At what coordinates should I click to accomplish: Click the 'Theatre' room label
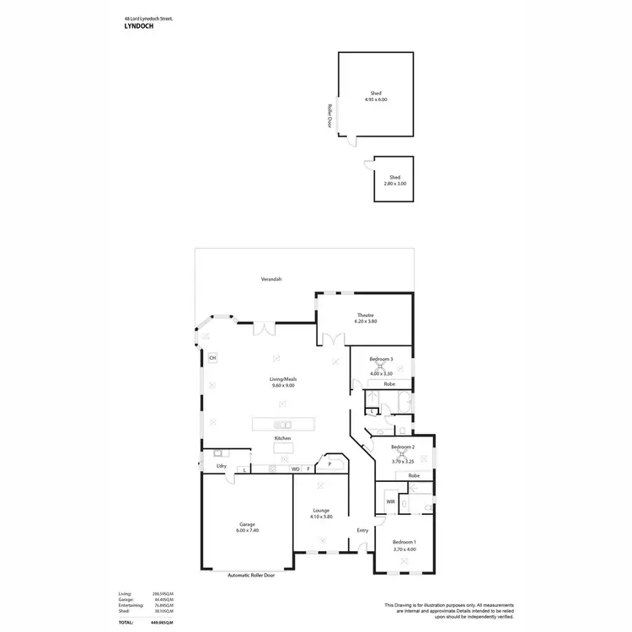pyautogui.click(x=364, y=315)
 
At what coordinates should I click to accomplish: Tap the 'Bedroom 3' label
pyautogui.click(x=381, y=360)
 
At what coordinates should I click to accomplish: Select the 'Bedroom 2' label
pyautogui.click(x=402, y=447)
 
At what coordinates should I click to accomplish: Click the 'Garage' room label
pyautogui.click(x=247, y=524)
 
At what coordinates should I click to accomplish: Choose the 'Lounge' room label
pyautogui.click(x=321, y=510)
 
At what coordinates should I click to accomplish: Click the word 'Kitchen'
pyautogui.click(x=282, y=438)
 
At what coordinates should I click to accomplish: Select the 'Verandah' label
pyautogui.click(x=270, y=279)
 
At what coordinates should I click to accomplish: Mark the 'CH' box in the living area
pyautogui.click(x=212, y=357)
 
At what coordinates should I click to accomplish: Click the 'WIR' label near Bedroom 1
pyautogui.click(x=390, y=501)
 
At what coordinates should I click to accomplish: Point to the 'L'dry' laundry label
pyautogui.click(x=221, y=466)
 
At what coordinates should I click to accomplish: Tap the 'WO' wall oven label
pyautogui.click(x=295, y=469)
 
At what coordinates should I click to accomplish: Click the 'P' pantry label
pyautogui.click(x=329, y=463)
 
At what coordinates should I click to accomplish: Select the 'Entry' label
pyautogui.click(x=362, y=530)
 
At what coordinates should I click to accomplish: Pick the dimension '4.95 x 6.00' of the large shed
pyautogui.click(x=376, y=99)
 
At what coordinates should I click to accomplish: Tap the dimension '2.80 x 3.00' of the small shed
pyautogui.click(x=394, y=184)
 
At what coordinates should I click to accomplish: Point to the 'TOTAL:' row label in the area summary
pyautogui.click(x=126, y=621)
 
